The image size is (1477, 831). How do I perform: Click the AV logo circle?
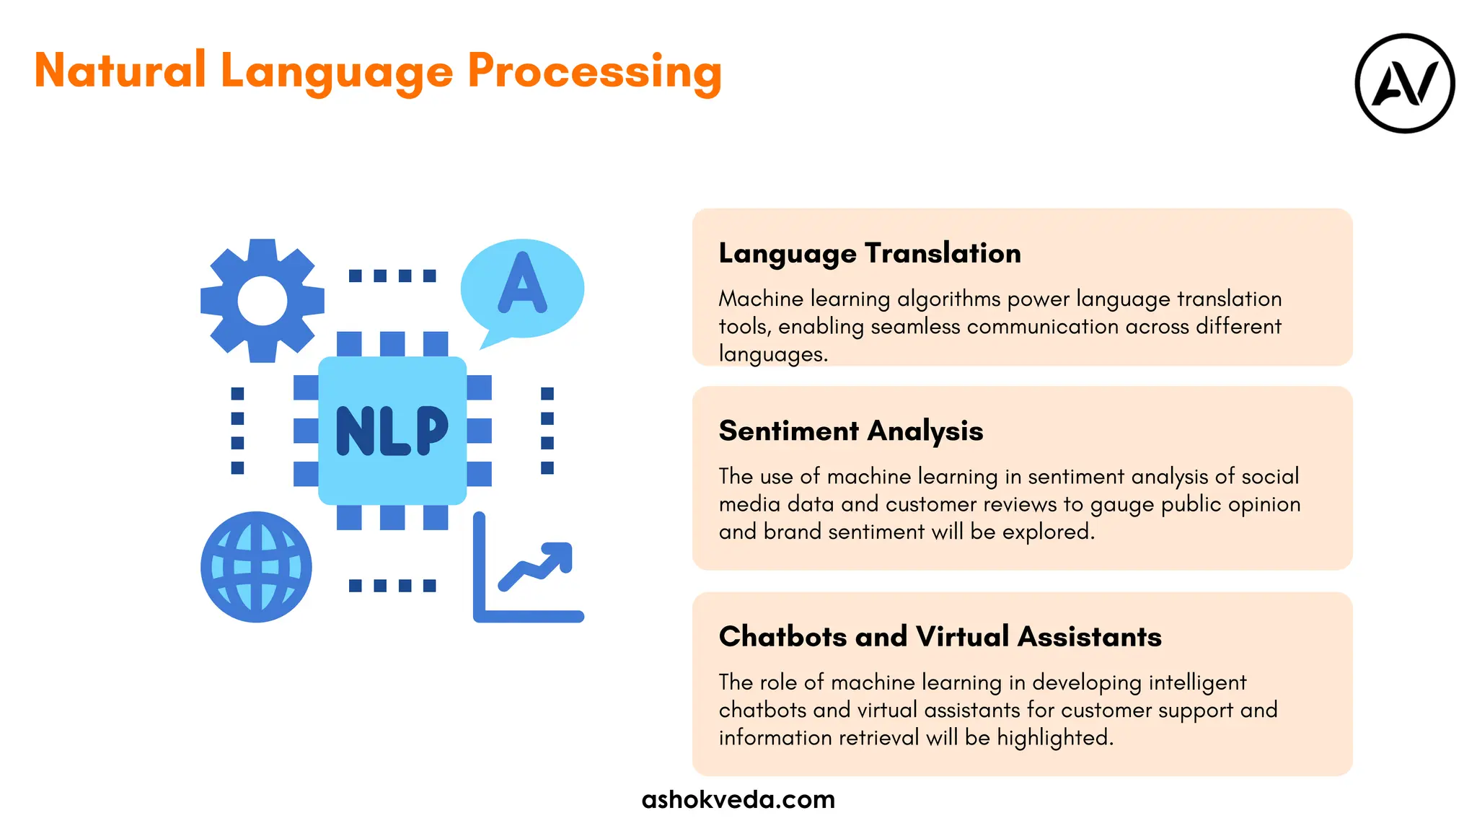(1404, 84)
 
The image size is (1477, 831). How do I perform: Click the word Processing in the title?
(594, 72)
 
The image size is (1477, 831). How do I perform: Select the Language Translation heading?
(870, 253)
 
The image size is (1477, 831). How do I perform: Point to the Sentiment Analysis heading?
(851, 431)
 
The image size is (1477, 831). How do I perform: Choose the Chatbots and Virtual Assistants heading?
(940, 636)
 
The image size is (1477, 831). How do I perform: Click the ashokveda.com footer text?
(738, 799)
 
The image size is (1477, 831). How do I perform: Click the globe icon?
(256, 566)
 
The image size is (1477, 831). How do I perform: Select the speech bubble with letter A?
(522, 289)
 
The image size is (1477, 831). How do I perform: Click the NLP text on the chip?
(392, 430)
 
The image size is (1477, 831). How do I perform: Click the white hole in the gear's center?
(262, 301)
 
